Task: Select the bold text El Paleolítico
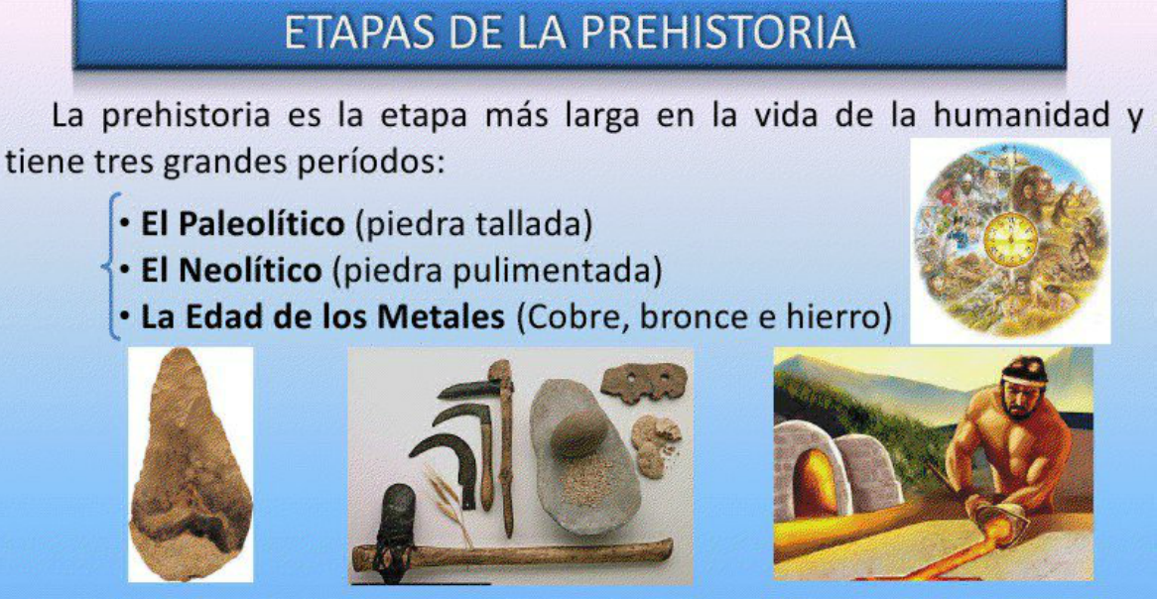[243, 226]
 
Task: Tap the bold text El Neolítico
[231, 272]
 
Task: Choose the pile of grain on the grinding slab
[588, 482]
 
